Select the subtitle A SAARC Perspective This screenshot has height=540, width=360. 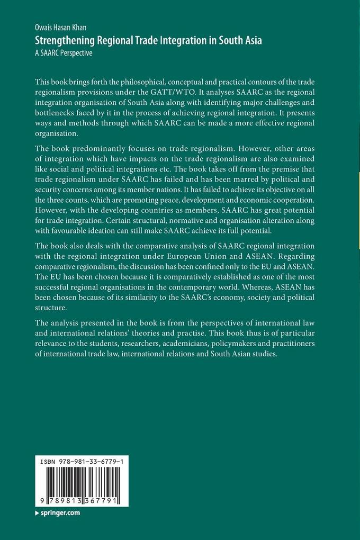[63, 52]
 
